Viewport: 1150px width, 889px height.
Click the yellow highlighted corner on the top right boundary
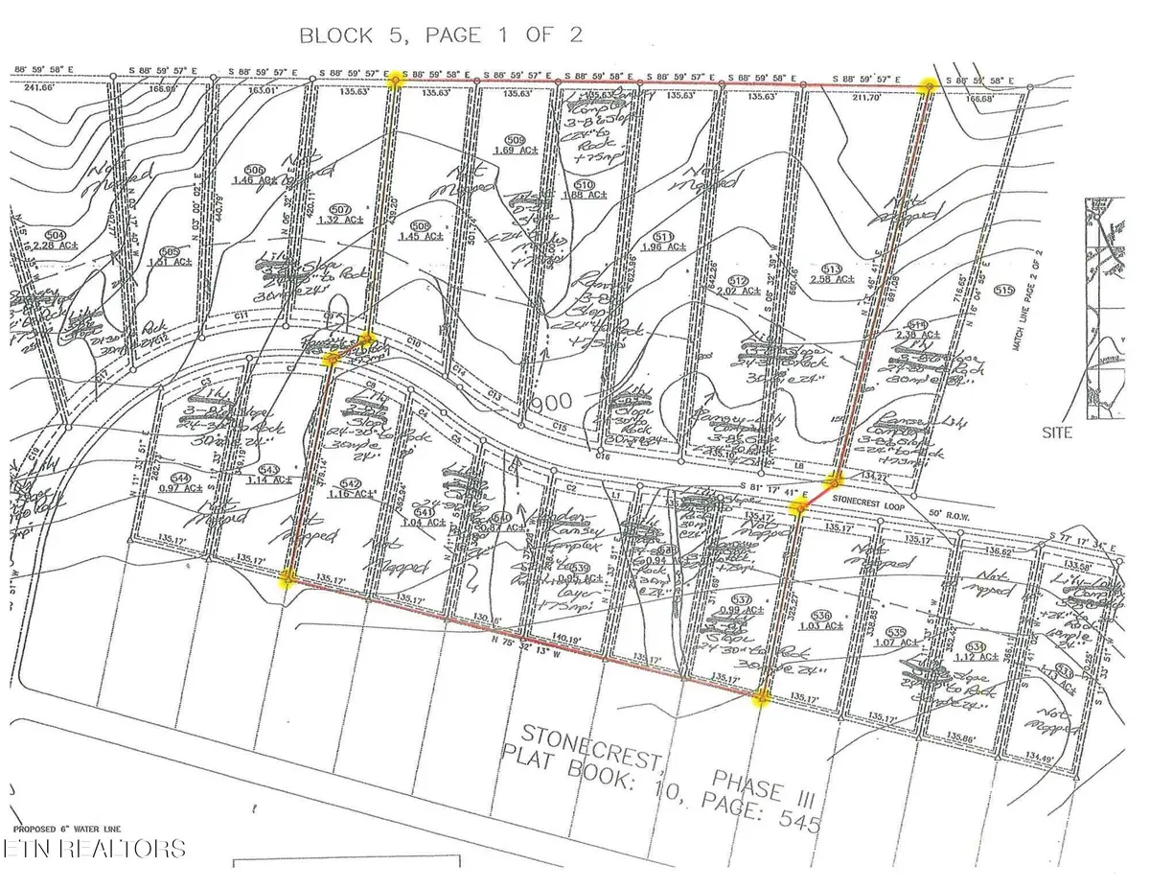click(927, 86)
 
